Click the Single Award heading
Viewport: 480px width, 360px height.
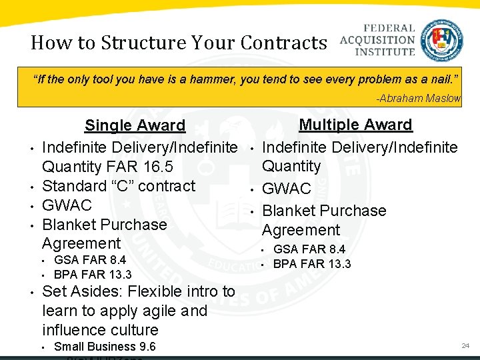pos(135,125)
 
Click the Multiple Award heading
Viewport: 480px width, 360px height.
pos(355,125)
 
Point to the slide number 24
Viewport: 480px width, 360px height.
pos(465,345)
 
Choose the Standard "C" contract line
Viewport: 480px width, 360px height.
pos(119,185)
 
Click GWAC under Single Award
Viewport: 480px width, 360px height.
pos(67,205)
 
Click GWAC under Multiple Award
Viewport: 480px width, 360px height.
pos(287,189)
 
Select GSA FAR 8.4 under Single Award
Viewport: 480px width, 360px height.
pos(90,260)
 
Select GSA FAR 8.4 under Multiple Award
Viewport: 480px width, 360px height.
pos(309,249)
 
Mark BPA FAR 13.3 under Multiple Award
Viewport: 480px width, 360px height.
pos(312,263)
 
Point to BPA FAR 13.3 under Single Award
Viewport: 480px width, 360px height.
pos(93,274)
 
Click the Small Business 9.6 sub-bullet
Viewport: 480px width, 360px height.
pos(105,346)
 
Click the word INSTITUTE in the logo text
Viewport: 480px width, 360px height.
pos(377,51)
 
